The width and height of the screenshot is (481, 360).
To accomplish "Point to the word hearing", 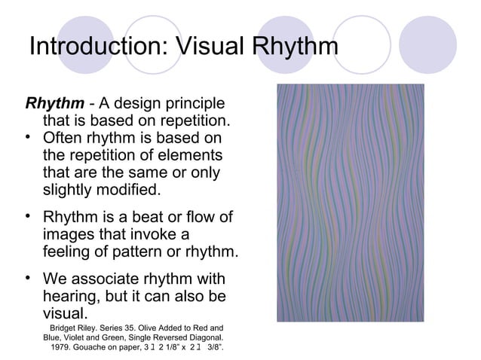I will coord(72,295).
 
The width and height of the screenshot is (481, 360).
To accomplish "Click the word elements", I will coord(191,155).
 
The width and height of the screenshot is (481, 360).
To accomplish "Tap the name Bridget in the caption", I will coord(66,328).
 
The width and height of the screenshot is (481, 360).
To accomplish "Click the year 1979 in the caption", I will coord(62,349).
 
